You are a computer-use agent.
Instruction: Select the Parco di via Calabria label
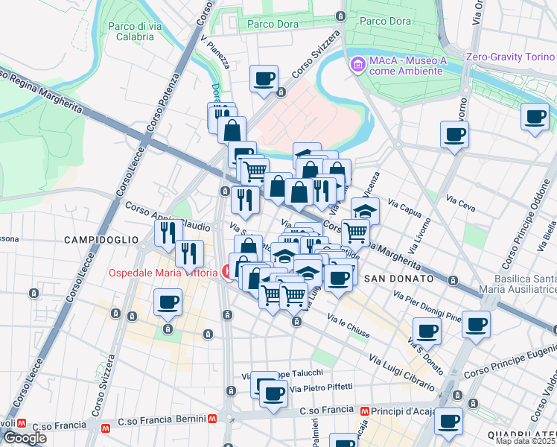[136, 31]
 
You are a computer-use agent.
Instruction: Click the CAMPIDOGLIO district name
[101, 240]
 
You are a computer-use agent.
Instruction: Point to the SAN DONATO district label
[399, 278]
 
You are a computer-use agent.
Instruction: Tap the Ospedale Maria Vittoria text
[162, 273]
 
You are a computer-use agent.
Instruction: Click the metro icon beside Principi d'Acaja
[365, 410]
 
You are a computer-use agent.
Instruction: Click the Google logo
[25, 438]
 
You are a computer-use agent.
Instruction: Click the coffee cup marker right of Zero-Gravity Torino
[535, 117]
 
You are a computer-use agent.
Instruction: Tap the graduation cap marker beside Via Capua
[365, 210]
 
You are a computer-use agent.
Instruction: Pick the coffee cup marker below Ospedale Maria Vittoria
[168, 302]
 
